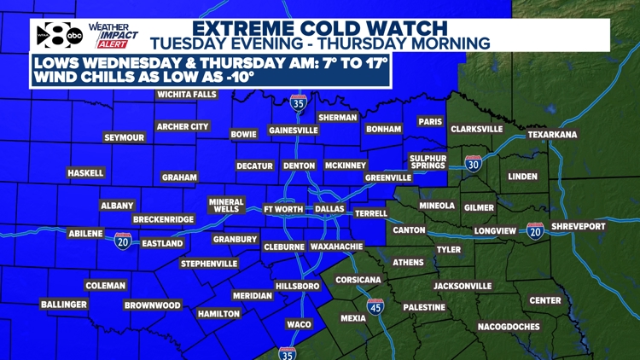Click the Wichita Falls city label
[x=188, y=95]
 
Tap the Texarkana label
[x=552, y=135]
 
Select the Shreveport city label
[x=578, y=226]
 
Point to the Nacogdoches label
[x=509, y=327]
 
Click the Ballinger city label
[x=64, y=305]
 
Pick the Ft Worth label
[x=283, y=209]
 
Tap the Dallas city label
[x=329, y=209]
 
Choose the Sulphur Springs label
[x=428, y=162]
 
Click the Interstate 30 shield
[x=474, y=164]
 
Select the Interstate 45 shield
[x=375, y=307]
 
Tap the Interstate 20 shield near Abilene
[x=123, y=241]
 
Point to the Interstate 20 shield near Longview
[x=536, y=230]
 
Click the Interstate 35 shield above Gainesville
[x=298, y=104]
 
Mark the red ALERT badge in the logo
[x=113, y=44]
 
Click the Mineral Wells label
[x=226, y=206]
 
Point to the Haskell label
[x=85, y=173]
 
